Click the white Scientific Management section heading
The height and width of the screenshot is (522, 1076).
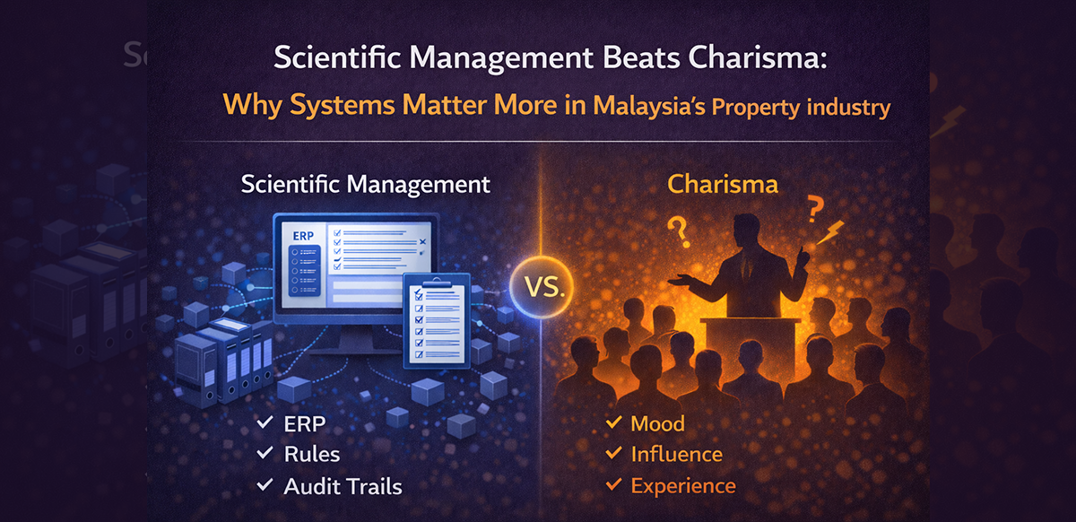point(366,185)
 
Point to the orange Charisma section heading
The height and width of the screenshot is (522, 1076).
point(722,186)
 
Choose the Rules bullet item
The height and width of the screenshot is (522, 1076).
point(312,455)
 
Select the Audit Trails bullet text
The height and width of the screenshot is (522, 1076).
point(343,486)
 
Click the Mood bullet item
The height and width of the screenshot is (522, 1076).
point(657,423)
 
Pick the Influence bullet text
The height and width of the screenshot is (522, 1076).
point(676,455)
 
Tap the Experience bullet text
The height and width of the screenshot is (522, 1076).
point(682,486)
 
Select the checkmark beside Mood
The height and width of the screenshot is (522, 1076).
point(613,423)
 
